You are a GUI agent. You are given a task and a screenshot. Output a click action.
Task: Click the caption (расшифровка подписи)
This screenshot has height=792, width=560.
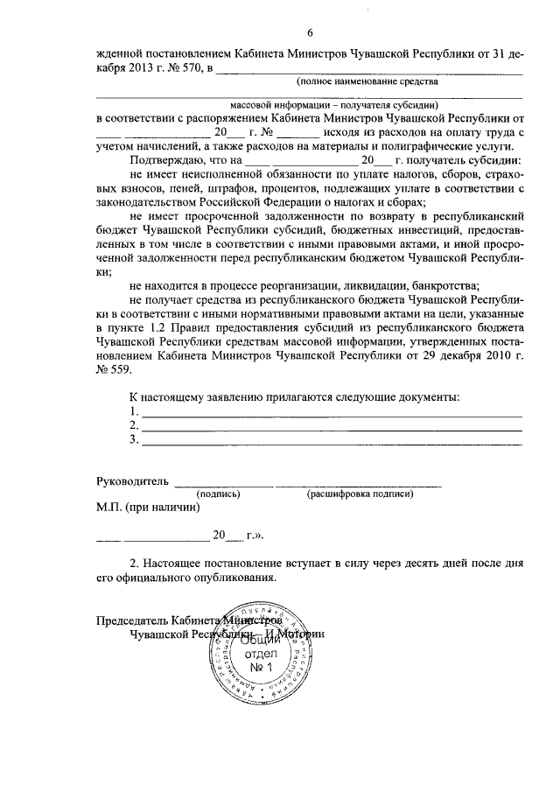click(x=359, y=494)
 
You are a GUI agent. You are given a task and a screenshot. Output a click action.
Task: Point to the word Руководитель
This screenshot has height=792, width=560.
click(x=132, y=481)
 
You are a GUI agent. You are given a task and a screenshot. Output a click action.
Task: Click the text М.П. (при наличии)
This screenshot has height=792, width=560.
click(x=148, y=507)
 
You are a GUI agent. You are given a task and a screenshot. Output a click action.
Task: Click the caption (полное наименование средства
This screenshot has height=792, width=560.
click(x=367, y=81)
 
